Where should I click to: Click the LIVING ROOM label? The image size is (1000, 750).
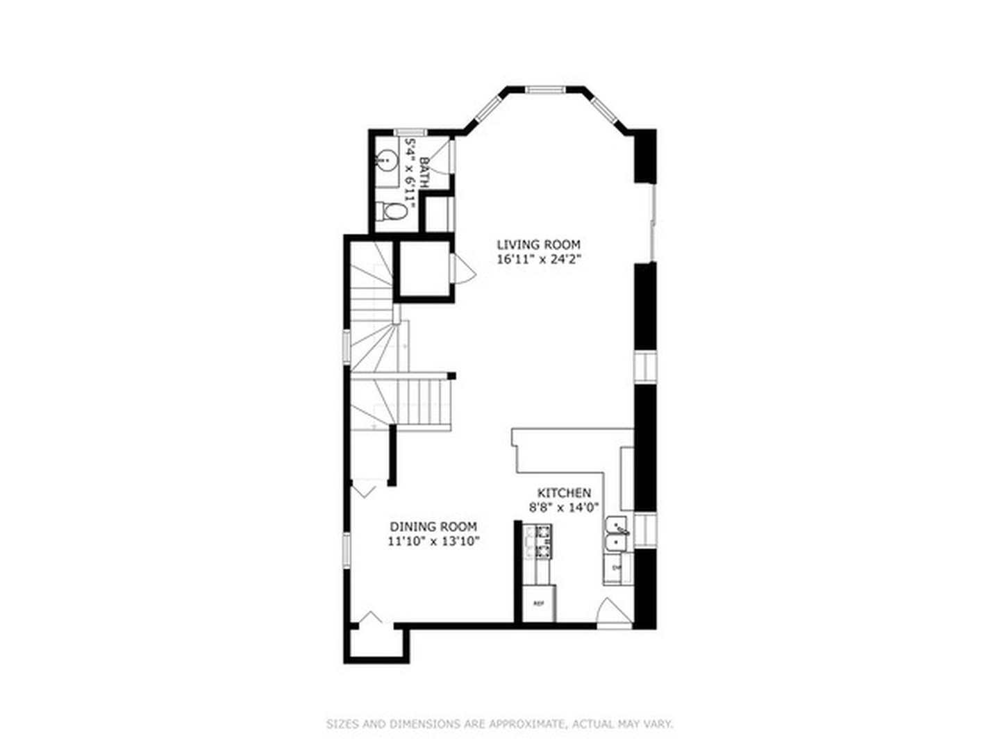click(x=538, y=244)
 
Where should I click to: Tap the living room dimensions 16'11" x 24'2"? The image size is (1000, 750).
click(x=538, y=259)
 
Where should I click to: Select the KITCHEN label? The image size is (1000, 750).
click(x=565, y=492)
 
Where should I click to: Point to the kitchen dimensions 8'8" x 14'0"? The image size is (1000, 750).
click(x=565, y=507)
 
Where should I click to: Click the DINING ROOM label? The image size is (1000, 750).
click(x=433, y=526)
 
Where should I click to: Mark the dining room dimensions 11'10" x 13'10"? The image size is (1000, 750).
click(x=433, y=541)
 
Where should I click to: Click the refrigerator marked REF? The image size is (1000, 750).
click(x=539, y=603)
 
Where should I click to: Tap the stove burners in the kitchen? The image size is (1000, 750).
click(x=543, y=542)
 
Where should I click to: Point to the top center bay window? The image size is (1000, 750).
click(x=544, y=89)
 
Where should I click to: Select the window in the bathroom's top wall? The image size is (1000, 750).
click(x=410, y=132)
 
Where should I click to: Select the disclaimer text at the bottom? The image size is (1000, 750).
click(x=500, y=724)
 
